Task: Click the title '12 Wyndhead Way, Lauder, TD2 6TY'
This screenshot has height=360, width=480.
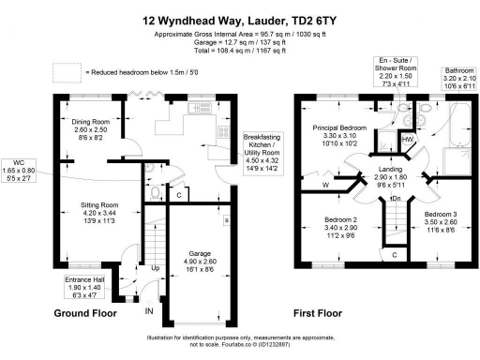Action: pyautogui.click(x=240, y=17)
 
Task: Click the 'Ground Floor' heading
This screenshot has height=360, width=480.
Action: pyautogui.click(x=85, y=312)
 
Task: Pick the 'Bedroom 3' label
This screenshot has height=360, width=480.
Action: pyautogui.click(x=442, y=221)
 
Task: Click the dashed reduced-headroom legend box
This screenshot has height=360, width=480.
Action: pyautogui.click(x=66, y=71)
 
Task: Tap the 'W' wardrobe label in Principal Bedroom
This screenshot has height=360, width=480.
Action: pyautogui.click(x=325, y=186)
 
